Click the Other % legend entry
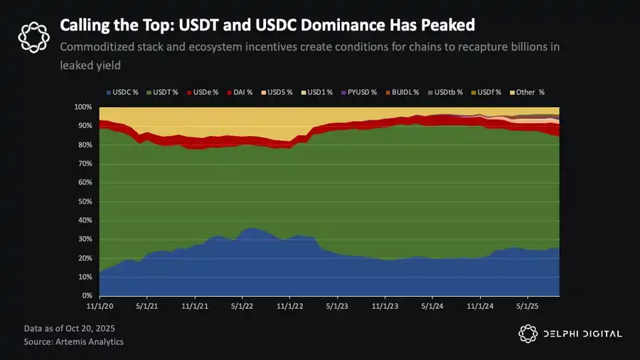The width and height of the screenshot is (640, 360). point(528,92)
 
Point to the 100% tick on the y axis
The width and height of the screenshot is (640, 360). point(82,107)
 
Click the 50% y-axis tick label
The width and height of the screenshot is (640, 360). point(83,201)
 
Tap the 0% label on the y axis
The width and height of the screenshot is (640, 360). point(86,295)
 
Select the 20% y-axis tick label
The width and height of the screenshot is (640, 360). point(83,258)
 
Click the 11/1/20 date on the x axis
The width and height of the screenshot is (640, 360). point(100,306)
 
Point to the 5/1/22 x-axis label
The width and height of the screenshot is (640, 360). point(242,306)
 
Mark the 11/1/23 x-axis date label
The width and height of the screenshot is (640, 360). point(385,306)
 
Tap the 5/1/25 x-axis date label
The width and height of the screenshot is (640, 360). point(527,306)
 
